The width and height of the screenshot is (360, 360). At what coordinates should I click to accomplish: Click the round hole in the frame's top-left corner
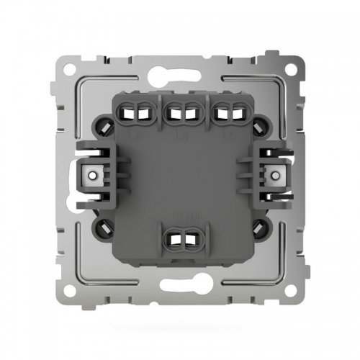coord(73,66)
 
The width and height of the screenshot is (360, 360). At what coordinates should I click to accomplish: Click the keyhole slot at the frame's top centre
coord(180,69)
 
